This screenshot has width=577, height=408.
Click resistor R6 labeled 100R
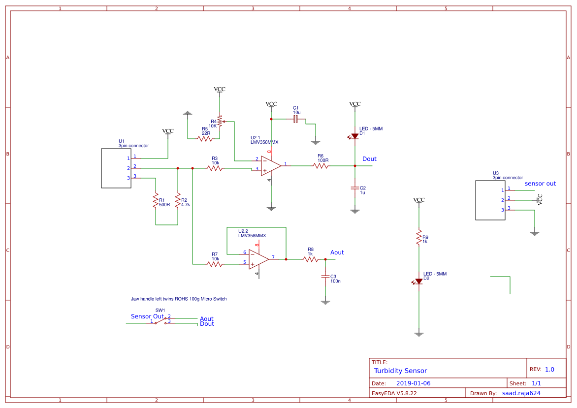[321, 166]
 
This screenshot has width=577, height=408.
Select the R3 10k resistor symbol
[214, 168]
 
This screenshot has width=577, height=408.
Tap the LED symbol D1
[354, 136]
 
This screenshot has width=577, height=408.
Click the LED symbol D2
[418, 282]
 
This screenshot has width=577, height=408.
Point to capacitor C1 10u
[296, 119]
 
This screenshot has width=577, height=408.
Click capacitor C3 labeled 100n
[325, 277]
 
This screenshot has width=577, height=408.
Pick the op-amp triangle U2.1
[271, 166]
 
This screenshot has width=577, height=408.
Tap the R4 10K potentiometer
[220, 122]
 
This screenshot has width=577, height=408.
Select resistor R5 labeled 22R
[205, 139]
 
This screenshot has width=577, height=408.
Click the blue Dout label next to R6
[369, 159]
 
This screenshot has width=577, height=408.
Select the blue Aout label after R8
[337, 252]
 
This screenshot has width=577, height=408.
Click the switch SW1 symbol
[160, 320]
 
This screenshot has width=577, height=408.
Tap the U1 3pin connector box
[116, 168]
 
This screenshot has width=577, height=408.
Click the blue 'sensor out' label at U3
[540, 184]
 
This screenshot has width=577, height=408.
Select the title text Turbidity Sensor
[400, 371]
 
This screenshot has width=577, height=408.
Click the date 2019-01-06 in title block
[413, 383]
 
